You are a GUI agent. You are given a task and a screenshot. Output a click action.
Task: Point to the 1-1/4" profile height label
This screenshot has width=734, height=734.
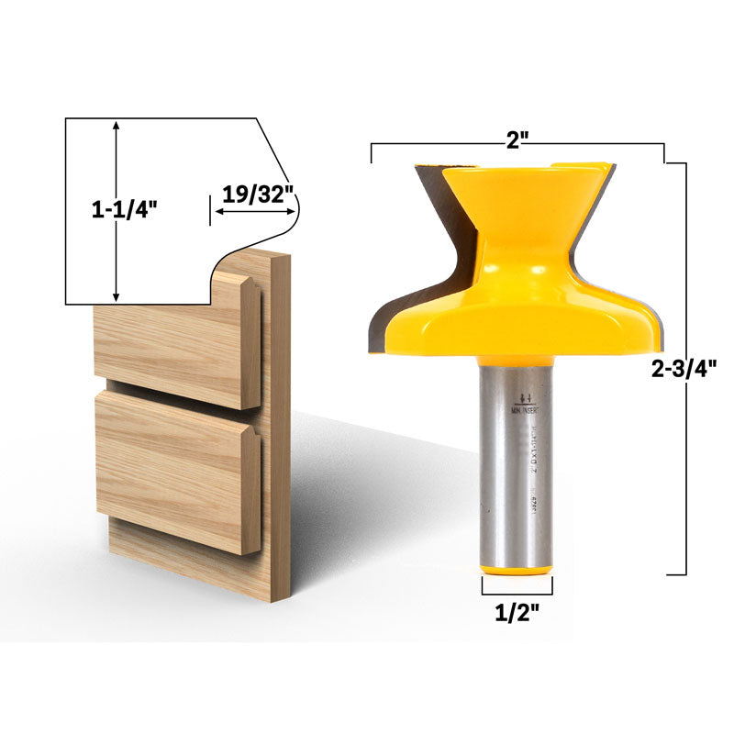[x=125, y=210]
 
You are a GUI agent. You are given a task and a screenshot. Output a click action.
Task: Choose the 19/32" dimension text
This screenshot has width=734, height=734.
[x=259, y=195]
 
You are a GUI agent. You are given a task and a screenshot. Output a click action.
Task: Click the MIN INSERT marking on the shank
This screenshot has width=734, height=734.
[x=527, y=413]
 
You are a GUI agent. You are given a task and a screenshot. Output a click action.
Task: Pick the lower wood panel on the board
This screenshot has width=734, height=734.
[x=174, y=468]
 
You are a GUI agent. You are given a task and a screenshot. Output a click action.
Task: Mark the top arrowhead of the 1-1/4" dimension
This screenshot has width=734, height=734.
[x=116, y=127]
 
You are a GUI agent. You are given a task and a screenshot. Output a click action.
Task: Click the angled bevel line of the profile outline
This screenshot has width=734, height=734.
[x=271, y=147]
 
